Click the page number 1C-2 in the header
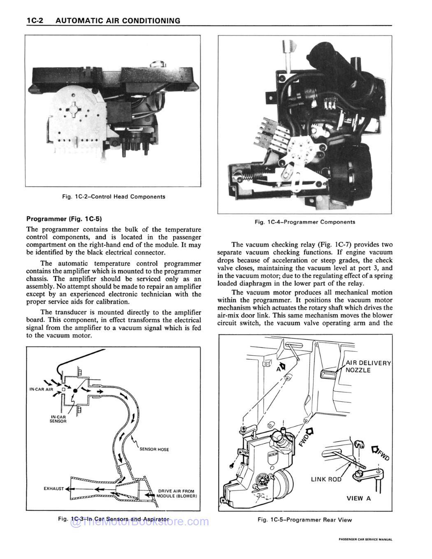(x=35, y=21)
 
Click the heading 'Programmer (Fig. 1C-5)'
(x=64, y=218)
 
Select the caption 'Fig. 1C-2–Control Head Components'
(x=113, y=197)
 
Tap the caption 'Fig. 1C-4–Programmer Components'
(x=305, y=222)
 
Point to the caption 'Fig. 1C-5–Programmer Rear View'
(x=304, y=520)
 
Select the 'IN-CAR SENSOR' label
(x=58, y=419)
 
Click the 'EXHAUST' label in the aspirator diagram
(x=53, y=489)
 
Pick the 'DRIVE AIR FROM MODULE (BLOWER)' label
(x=176, y=493)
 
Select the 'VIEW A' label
(x=358, y=498)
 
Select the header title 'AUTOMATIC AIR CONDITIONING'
(x=118, y=21)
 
